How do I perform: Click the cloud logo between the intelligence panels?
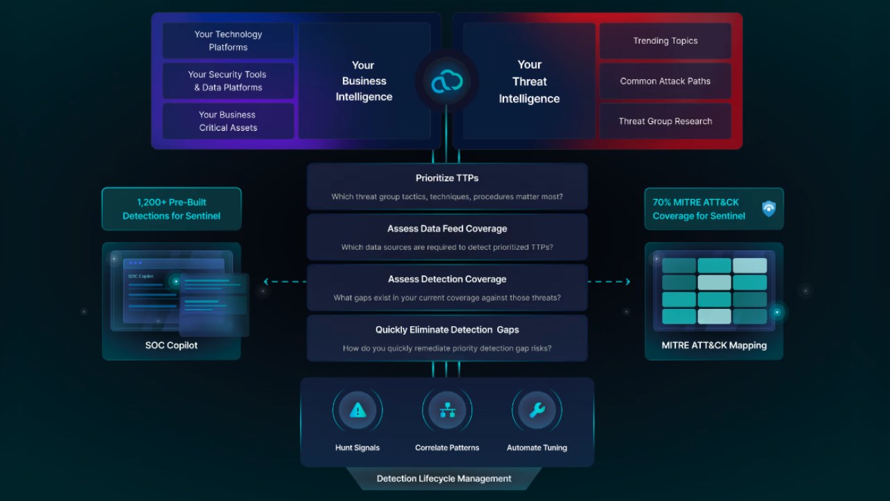[x=447, y=81]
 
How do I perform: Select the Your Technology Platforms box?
[x=229, y=40]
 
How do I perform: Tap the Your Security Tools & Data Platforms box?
[x=229, y=81]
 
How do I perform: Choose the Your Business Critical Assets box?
[x=229, y=121]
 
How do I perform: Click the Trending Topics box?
[x=665, y=40]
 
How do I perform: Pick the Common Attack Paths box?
[x=665, y=81]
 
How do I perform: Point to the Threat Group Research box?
[x=665, y=121]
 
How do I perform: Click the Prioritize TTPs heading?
[x=447, y=178]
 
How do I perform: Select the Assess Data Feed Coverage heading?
[x=447, y=229]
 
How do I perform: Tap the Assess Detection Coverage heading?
[x=447, y=279]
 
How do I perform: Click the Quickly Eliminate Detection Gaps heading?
[x=447, y=330]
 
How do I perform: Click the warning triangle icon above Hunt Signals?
[x=357, y=410]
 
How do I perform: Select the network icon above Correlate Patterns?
[x=447, y=410]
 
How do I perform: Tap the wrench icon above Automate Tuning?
[x=537, y=410]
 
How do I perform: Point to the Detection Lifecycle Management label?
[x=444, y=478]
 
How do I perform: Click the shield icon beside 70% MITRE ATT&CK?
[x=769, y=208]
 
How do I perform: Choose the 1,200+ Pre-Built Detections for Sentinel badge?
[x=172, y=209]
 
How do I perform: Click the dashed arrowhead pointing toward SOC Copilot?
[x=266, y=282]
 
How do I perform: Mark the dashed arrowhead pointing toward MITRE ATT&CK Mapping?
[x=628, y=282]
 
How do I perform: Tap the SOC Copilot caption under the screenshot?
[x=171, y=345]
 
